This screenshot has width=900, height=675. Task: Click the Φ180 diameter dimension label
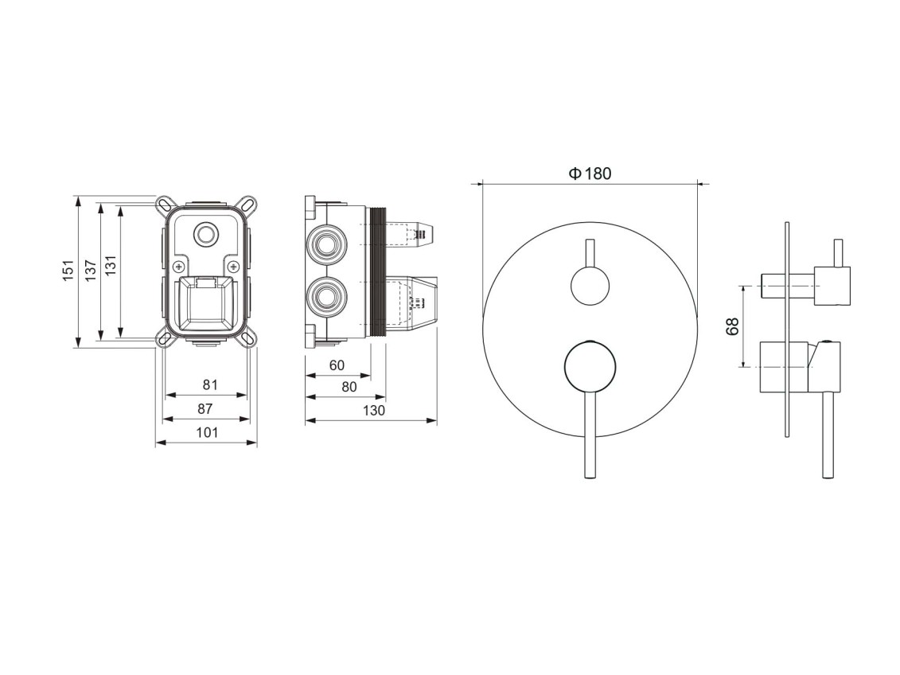(x=590, y=173)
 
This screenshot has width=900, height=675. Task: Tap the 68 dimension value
(x=732, y=326)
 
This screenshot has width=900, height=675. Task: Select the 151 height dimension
(x=68, y=271)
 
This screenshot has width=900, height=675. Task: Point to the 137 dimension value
(x=90, y=271)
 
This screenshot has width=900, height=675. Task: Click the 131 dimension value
(x=111, y=266)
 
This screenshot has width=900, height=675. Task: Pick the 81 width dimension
(x=210, y=384)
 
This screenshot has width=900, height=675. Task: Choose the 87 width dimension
(x=205, y=408)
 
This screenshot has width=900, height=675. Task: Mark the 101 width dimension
(x=207, y=432)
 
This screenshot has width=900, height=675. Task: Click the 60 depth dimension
(x=337, y=365)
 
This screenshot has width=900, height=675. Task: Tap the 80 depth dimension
(x=349, y=387)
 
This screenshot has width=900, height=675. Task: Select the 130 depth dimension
(x=374, y=411)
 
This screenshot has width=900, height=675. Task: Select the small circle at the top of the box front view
(x=205, y=234)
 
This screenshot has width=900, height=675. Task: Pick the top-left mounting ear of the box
(x=164, y=205)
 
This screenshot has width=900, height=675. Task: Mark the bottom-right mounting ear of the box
(x=247, y=339)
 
